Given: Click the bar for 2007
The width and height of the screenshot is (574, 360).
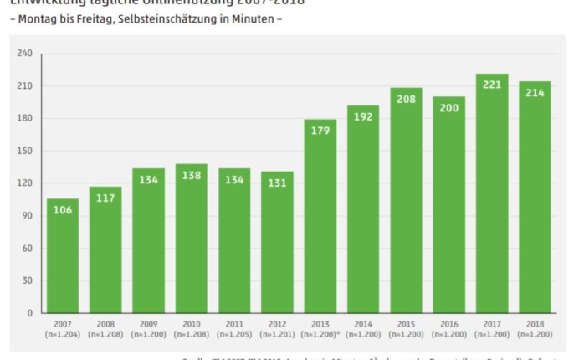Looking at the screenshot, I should click(x=63, y=255).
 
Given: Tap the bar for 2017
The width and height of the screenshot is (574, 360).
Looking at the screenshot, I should click(x=492, y=193).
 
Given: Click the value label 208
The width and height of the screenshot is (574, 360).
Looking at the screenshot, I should click(x=406, y=99).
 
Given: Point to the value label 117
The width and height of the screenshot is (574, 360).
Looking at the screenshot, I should click(x=105, y=198).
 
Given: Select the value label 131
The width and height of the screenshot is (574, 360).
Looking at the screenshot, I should click(x=278, y=183).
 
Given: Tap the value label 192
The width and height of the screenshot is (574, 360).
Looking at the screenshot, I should click(x=363, y=117).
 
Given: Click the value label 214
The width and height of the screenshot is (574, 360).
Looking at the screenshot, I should click(x=535, y=92).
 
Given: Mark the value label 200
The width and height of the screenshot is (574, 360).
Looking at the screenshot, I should click(x=448, y=108).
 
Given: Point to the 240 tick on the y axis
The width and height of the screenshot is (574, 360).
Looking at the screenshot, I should click(x=24, y=54).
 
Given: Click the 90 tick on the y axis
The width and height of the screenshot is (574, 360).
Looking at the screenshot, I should click(x=27, y=216).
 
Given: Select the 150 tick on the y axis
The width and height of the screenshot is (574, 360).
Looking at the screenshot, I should click(x=24, y=151).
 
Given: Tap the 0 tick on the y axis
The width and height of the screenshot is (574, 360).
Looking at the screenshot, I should click(x=29, y=313).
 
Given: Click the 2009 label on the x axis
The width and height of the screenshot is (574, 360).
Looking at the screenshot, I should click(x=149, y=324).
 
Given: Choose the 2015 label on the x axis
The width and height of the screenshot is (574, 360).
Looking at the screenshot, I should click(x=406, y=324).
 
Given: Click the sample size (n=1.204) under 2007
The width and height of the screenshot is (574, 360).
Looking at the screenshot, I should click(x=63, y=334).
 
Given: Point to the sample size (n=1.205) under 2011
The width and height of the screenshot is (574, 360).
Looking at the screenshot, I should click(x=234, y=334).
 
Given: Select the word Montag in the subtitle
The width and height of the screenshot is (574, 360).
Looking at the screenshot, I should click(x=38, y=18).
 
